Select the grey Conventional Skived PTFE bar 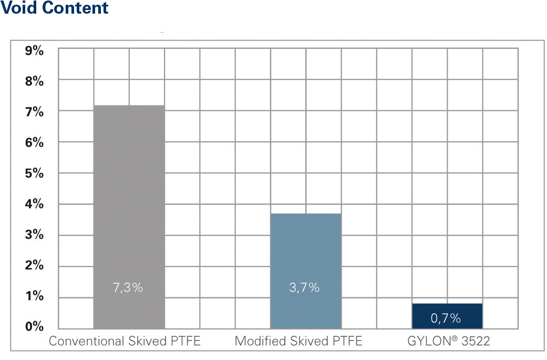pos(129,210)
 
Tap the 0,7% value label pos(446,318)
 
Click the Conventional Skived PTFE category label pos(125,341)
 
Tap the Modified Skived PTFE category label pos(298,341)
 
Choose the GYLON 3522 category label pos(448,341)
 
